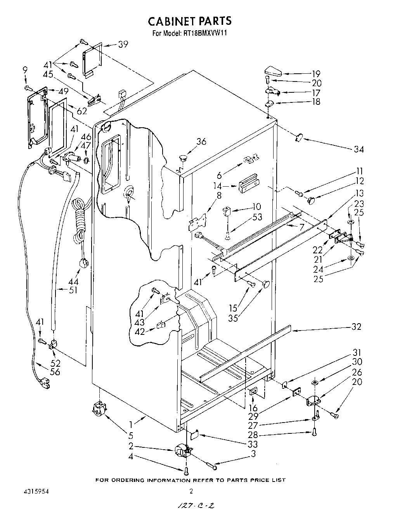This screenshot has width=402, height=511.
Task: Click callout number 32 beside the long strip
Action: pos(356,327)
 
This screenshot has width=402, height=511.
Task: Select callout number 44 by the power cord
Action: pos(73,282)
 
